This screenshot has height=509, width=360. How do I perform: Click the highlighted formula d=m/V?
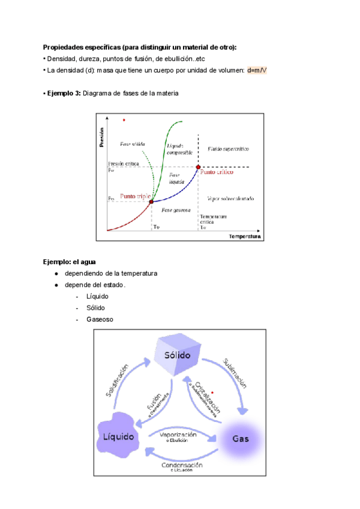(257, 70)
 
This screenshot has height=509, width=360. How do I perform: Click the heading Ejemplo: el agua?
(69, 262)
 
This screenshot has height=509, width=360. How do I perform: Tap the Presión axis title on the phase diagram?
(102, 137)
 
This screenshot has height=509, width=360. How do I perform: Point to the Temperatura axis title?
(244, 237)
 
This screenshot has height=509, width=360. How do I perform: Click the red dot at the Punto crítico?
(198, 167)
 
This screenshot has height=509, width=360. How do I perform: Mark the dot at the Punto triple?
(151, 202)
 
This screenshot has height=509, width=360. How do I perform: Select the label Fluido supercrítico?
(228, 148)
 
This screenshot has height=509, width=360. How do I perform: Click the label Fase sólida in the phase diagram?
(132, 144)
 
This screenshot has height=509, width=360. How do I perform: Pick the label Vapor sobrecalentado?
(230, 198)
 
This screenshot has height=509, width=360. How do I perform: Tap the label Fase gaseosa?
(176, 210)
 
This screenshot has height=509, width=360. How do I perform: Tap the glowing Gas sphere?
(240, 438)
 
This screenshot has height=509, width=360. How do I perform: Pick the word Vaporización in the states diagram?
(178, 434)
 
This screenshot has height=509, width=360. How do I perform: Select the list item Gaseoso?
(100, 319)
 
